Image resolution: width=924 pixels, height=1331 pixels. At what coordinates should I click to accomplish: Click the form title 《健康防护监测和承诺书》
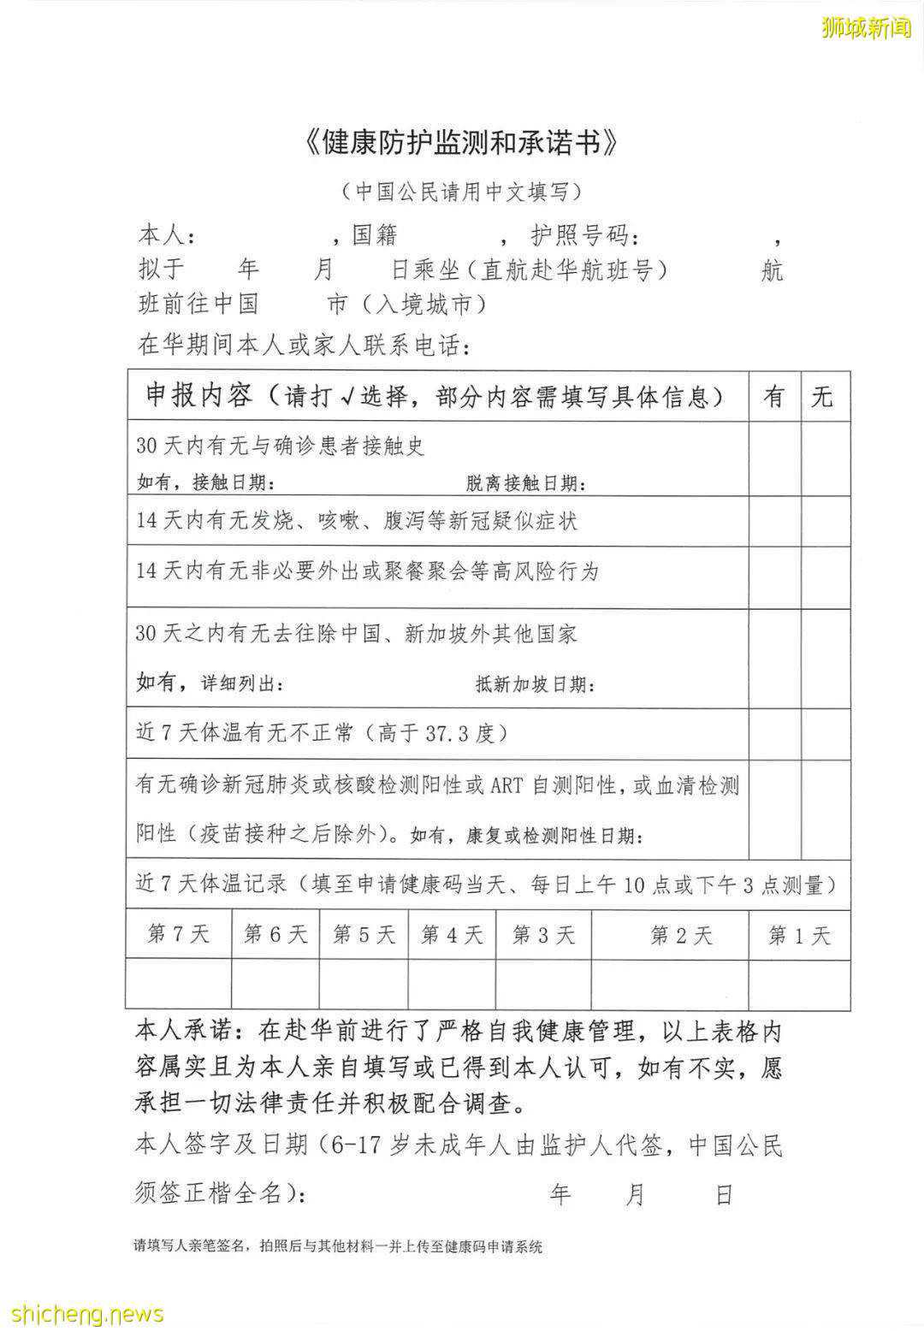coord(461,143)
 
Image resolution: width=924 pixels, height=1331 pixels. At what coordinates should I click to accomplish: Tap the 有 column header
coord(774,396)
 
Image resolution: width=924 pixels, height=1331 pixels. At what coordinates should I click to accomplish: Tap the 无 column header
coord(823,396)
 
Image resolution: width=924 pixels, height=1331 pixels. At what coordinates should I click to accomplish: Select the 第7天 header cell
coord(178,933)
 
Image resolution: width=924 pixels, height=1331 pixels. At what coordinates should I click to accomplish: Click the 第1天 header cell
coord(799,935)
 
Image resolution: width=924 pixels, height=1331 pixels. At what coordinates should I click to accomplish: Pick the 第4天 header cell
coord(451,935)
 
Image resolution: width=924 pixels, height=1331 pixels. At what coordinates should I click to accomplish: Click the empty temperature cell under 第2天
coord(670,984)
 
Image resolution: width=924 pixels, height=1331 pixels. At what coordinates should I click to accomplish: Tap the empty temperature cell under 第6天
coord(275,984)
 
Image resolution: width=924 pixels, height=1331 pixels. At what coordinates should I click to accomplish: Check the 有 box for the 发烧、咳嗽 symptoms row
coord(774,521)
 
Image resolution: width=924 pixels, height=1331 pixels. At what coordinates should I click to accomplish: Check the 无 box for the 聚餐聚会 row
coord(825,577)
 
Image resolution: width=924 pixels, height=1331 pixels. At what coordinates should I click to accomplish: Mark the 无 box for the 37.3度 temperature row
coord(825,733)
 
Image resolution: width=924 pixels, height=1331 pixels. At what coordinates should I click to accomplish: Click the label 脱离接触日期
coord(526,483)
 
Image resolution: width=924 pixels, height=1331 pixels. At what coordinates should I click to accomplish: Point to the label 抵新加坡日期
coord(535,684)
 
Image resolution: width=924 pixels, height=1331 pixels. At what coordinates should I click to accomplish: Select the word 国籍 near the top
coord(375,234)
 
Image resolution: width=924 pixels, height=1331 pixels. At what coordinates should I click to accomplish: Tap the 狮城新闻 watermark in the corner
coord(866,27)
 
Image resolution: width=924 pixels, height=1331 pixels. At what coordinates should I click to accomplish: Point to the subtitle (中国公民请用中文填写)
coord(461,191)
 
